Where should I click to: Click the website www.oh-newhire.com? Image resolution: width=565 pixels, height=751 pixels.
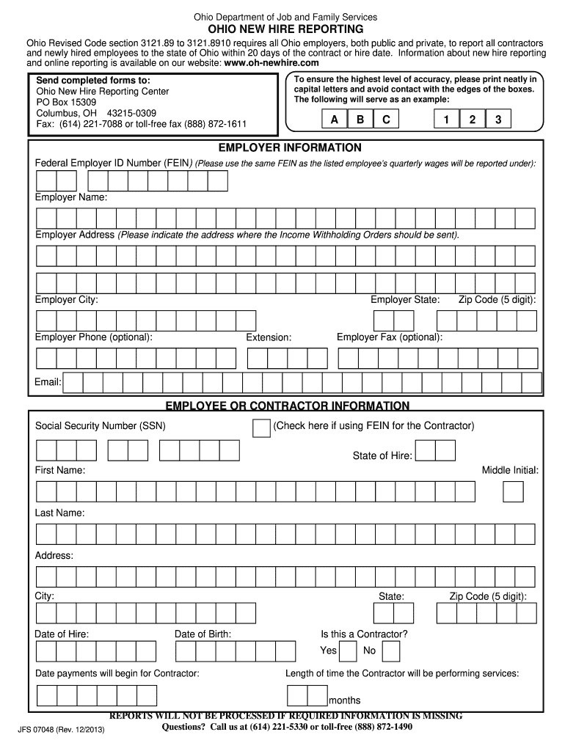pyautogui.click(x=271, y=64)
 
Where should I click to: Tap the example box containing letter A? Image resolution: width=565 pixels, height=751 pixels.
pyautogui.click(x=335, y=120)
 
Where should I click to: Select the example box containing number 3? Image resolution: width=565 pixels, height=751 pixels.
pyautogui.click(x=497, y=120)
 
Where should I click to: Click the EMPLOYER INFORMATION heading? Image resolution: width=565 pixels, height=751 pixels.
pyautogui.click(x=285, y=147)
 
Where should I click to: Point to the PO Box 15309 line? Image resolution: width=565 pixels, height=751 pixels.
pyautogui.click(x=66, y=102)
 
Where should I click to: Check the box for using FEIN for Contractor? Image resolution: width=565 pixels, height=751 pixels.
pyautogui.click(x=261, y=428)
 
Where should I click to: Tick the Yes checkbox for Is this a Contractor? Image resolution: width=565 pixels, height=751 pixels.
pyautogui.click(x=349, y=651)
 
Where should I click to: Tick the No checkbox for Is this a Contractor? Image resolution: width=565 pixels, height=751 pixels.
pyautogui.click(x=391, y=651)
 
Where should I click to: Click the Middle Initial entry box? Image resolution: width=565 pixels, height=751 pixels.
pyautogui.click(x=512, y=492)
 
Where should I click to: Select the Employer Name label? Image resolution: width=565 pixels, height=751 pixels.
pyautogui.click(x=71, y=198)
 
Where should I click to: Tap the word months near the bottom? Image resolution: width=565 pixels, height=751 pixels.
pyautogui.click(x=344, y=700)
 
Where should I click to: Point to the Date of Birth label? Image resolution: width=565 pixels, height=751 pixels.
pyautogui.click(x=203, y=634)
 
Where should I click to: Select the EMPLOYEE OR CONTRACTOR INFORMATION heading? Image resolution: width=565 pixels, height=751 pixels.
pyautogui.click(x=287, y=406)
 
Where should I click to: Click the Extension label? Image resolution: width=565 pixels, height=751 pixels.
pyautogui.click(x=269, y=337)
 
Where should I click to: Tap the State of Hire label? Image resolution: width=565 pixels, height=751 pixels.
pyautogui.click(x=382, y=456)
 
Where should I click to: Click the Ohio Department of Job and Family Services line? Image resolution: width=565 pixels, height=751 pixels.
pyautogui.click(x=285, y=16)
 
